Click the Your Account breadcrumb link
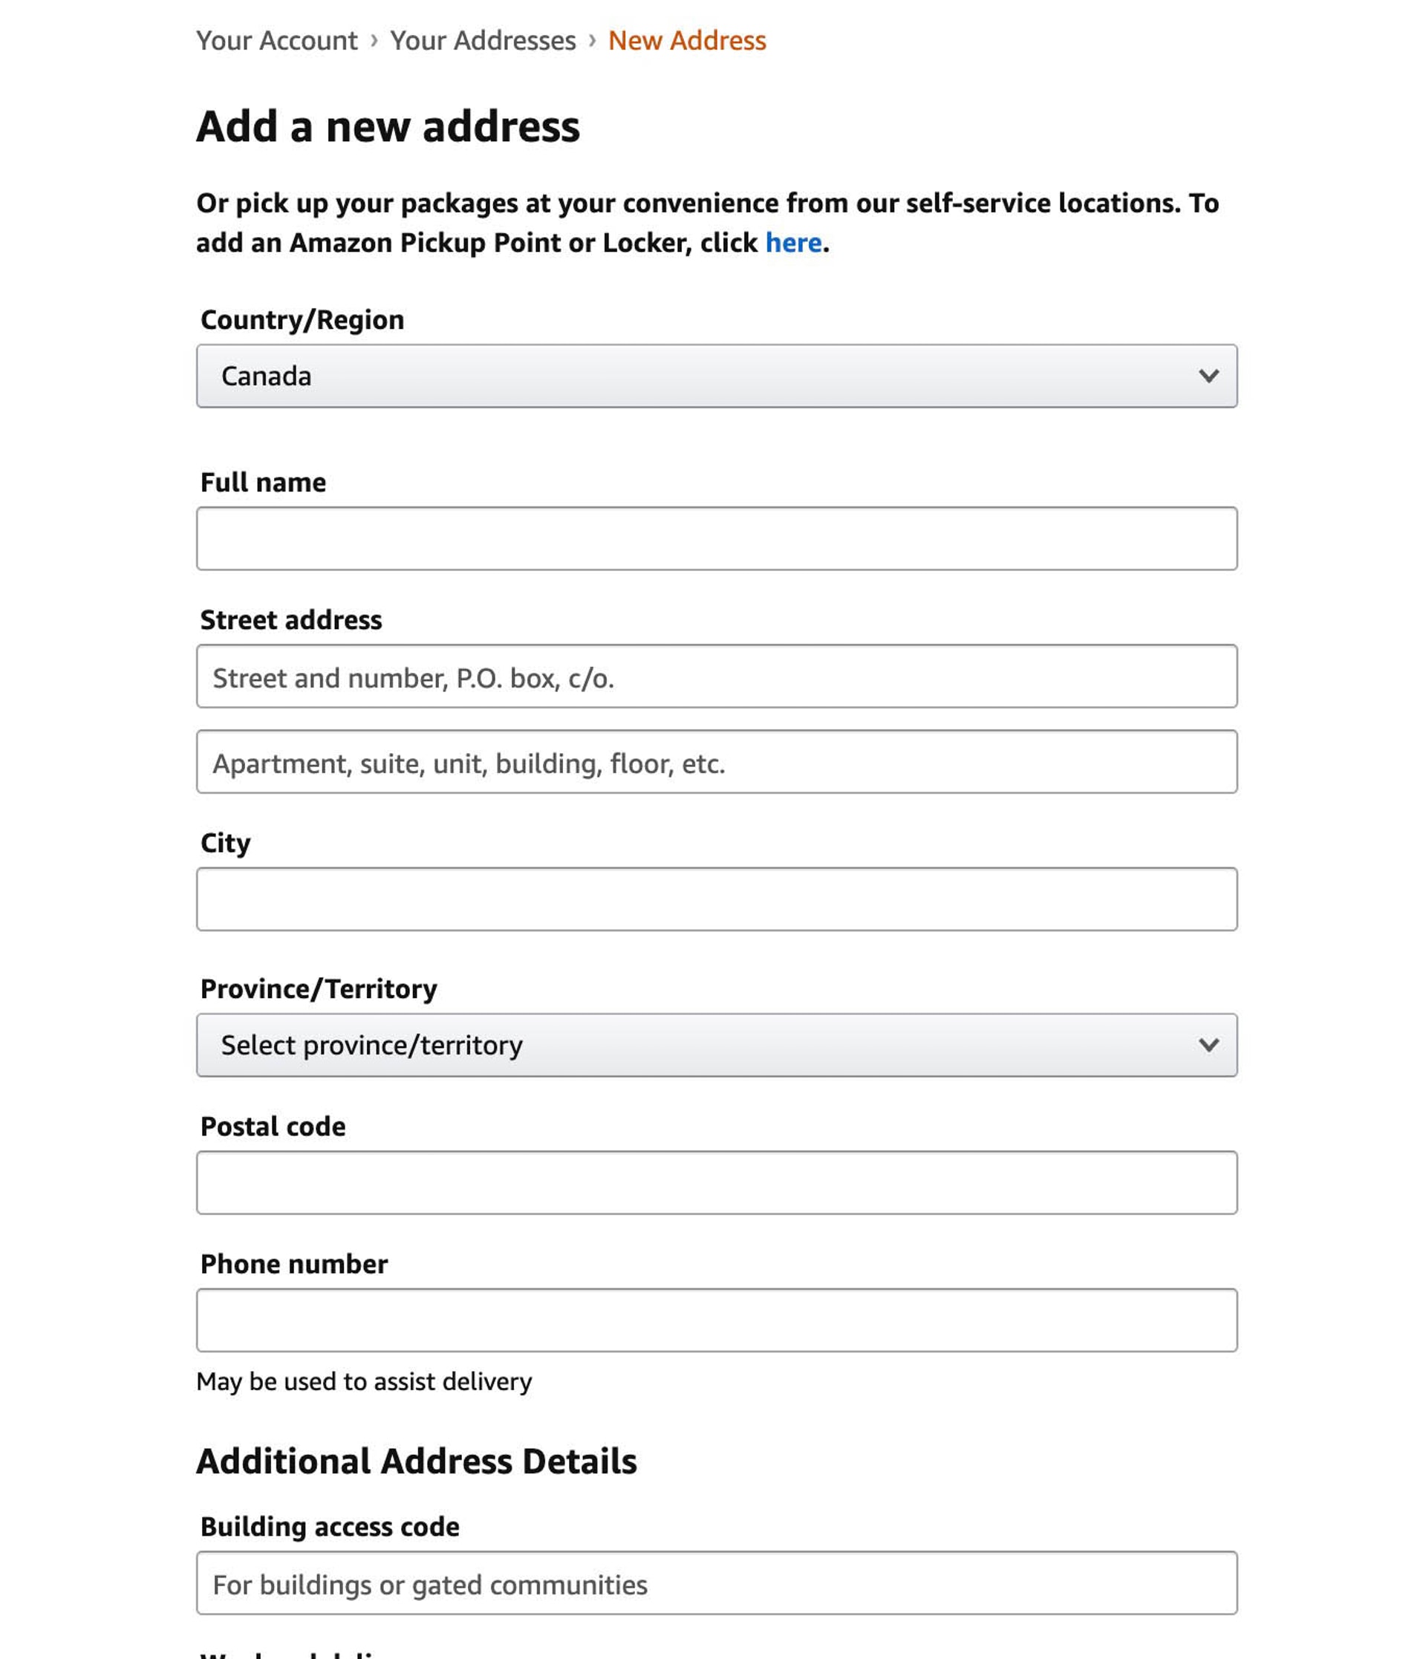[x=276, y=41]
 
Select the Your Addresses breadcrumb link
[x=483, y=41]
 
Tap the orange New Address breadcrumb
[x=686, y=41]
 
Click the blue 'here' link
[x=792, y=243]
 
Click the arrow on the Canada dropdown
[x=1208, y=377]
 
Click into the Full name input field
[x=717, y=539]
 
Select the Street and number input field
[x=717, y=677]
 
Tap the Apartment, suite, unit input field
[x=717, y=762]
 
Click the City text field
[x=717, y=899]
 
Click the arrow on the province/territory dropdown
[x=1208, y=1046]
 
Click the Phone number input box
[x=717, y=1320]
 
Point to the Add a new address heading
[x=388, y=126]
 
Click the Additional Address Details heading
[x=417, y=1461]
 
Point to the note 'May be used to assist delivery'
[x=365, y=1382]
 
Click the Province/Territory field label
[x=319, y=989]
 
